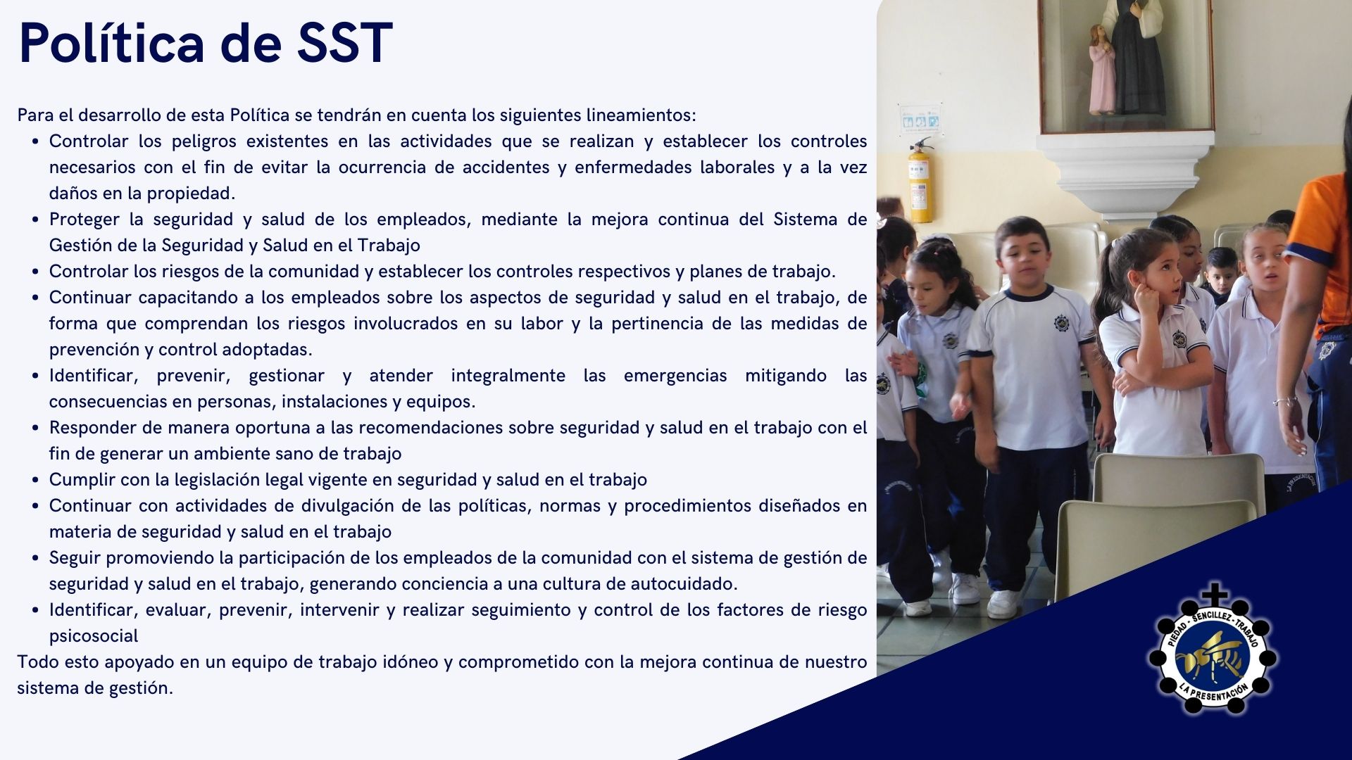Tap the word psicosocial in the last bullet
point(94,636)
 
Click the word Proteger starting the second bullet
point(82,220)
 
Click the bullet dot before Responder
point(35,428)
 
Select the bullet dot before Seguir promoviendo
point(35,558)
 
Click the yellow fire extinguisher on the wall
point(920,179)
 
